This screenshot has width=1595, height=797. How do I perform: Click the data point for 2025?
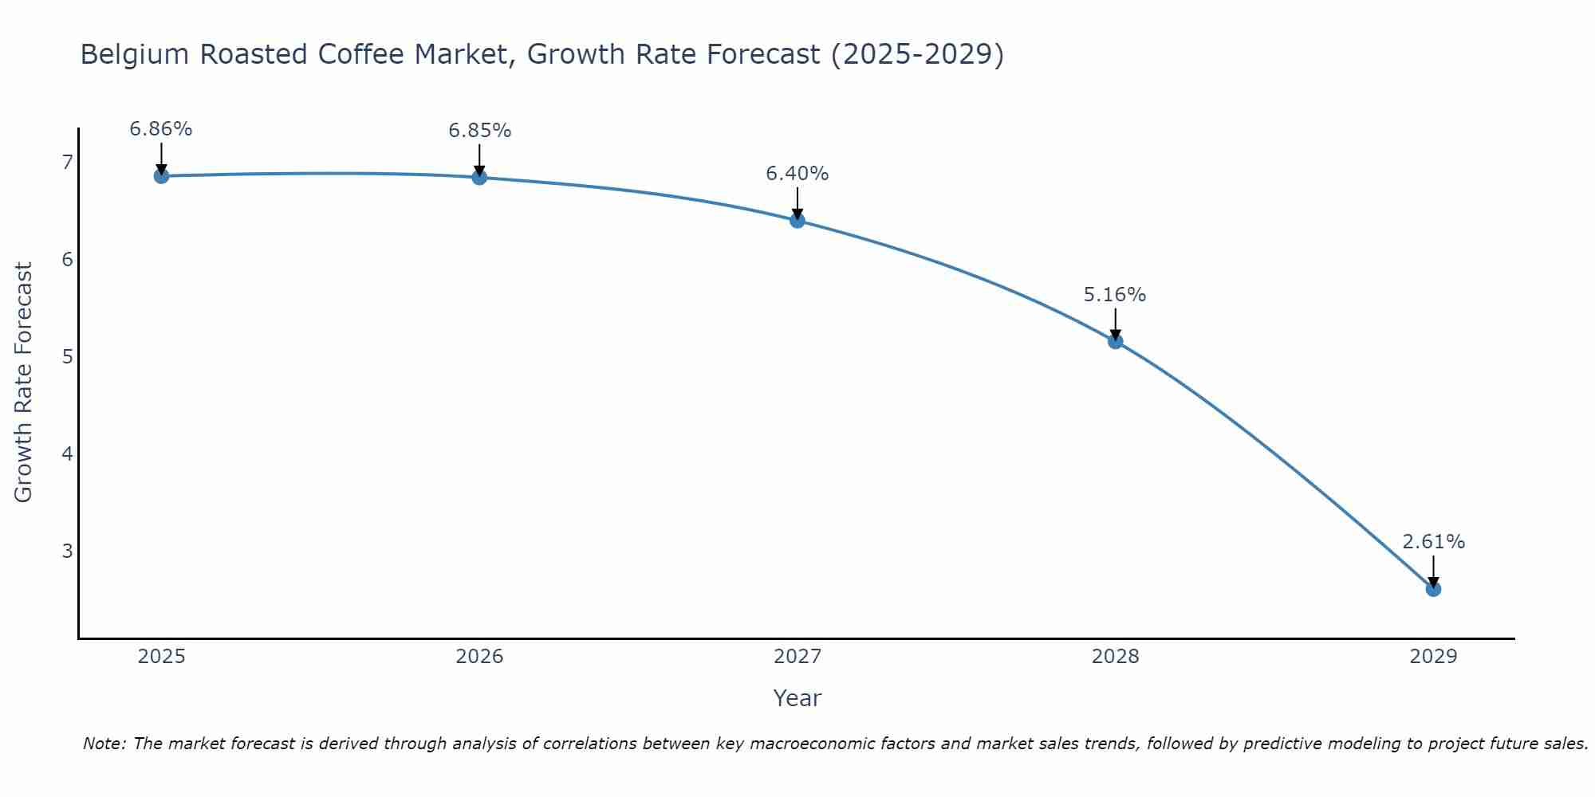point(161,176)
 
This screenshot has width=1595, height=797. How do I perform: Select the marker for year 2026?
point(479,177)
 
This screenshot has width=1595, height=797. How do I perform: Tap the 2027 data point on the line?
point(797,221)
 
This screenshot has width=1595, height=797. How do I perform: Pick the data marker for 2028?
point(1115,341)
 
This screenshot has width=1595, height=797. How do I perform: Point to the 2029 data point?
point(1433,589)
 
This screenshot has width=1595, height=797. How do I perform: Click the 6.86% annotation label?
point(161,129)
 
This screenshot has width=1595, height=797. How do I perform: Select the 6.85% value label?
point(479,131)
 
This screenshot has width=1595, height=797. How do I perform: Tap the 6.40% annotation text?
point(797,174)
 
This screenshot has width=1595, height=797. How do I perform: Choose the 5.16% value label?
point(1115,295)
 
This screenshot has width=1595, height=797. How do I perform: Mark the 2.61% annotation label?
point(1433,542)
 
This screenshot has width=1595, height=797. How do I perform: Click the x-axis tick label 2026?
point(479,657)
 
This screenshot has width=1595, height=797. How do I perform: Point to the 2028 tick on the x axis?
point(1115,657)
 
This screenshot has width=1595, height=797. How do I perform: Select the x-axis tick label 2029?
point(1433,657)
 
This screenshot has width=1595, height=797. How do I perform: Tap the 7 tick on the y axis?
point(67,163)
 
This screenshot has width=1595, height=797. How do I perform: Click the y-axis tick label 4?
point(67,453)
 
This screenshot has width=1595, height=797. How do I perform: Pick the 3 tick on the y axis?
point(67,551)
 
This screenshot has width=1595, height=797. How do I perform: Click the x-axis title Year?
point(797,698)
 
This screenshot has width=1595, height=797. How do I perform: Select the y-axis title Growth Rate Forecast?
point(24,383)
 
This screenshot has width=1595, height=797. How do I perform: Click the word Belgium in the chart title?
point(135,55)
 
